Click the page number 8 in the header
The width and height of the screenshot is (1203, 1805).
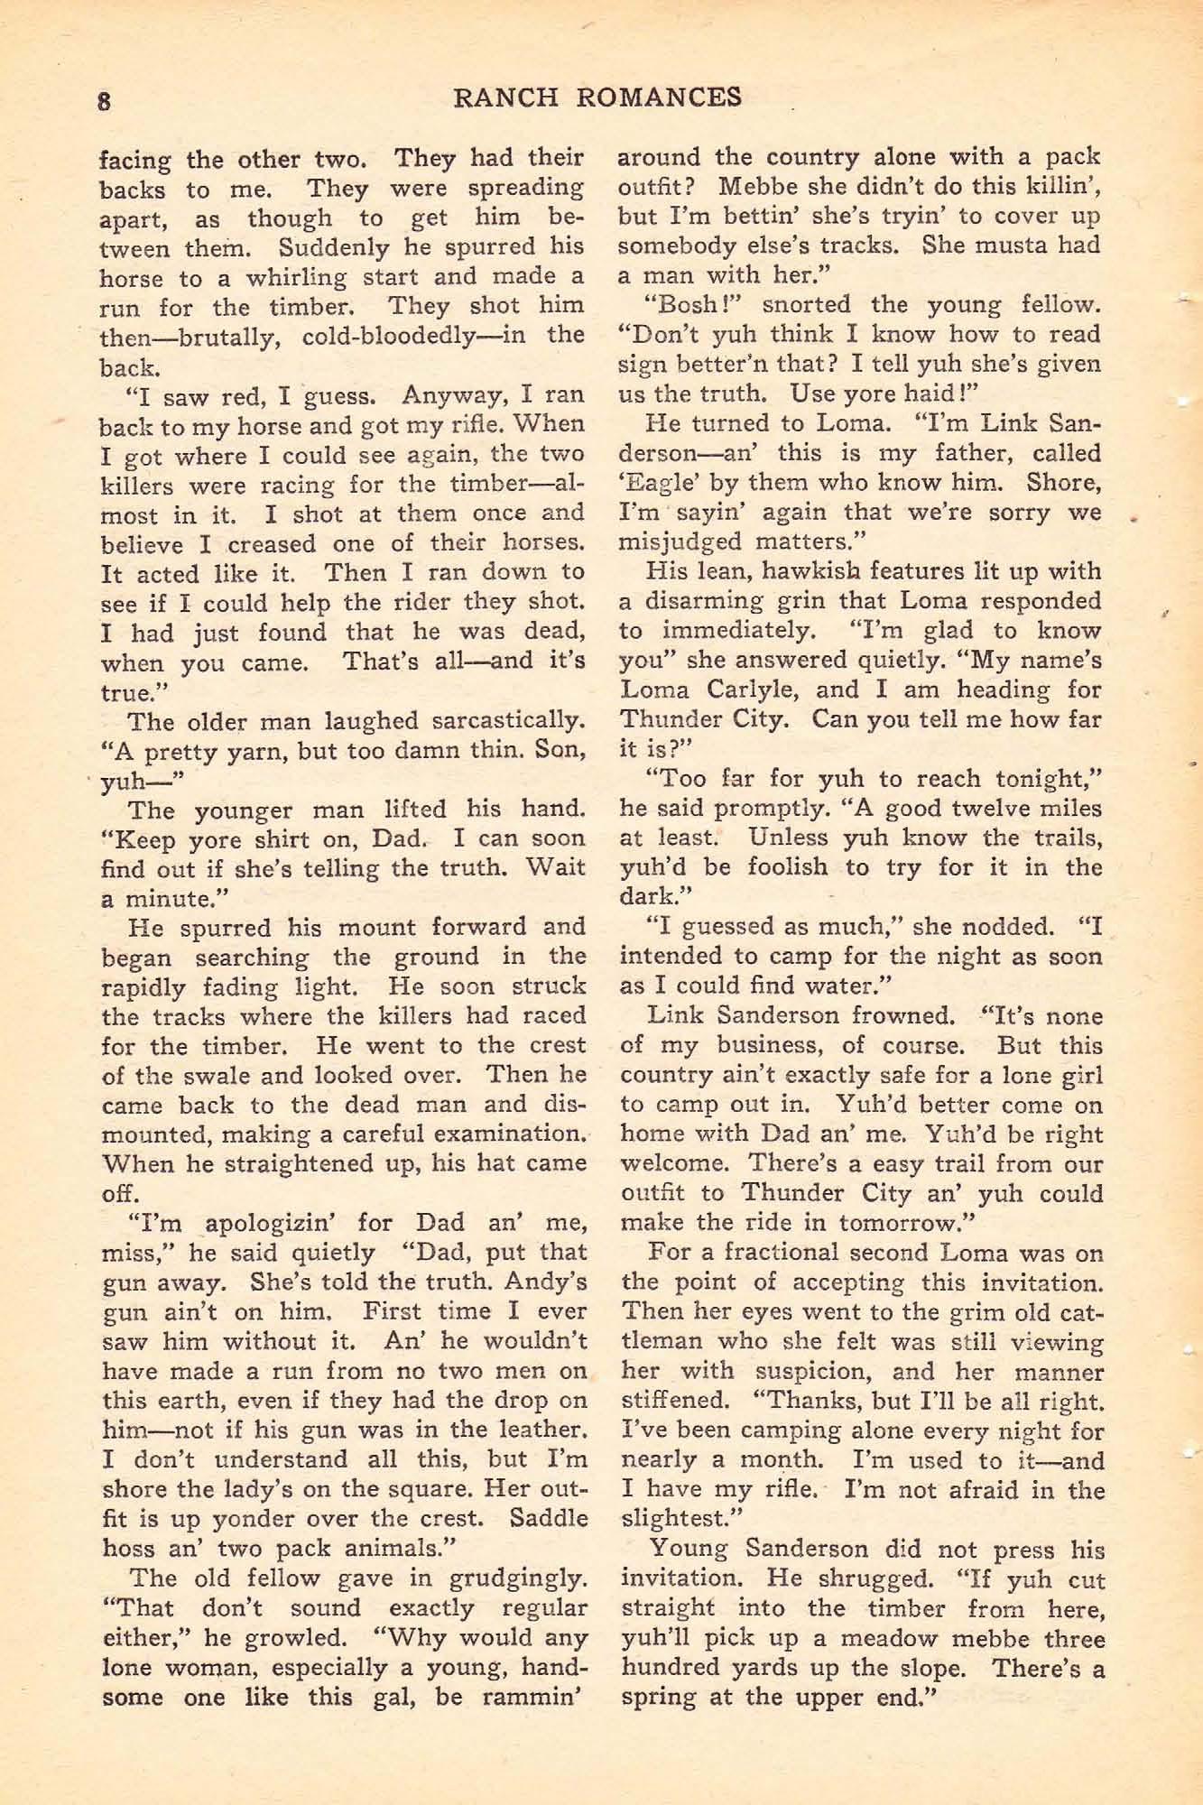coord(104,100)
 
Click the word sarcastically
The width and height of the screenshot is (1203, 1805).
coord(507,721)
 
